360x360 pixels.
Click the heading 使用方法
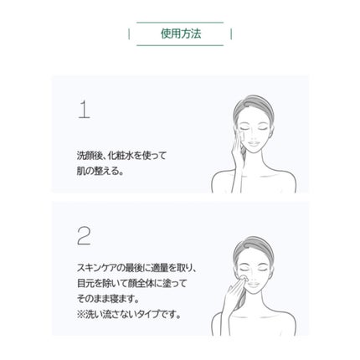pos(181,33)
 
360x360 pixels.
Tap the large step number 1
pos(84,110)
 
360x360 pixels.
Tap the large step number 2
pos(84,236)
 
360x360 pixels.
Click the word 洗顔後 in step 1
pos(88,156)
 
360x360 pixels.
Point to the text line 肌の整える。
pos(100,171)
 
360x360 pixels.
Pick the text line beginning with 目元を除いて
pos(131,284)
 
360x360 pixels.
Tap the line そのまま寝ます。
pos(108,299)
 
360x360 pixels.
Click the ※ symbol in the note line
pos(80,315)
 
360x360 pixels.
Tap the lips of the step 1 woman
pos(254,143)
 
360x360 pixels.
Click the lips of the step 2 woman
pos(254,285)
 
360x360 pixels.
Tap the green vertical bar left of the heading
pos(129,33)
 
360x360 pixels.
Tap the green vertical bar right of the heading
pos(231,33)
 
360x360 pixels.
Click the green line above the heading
pos(180,23)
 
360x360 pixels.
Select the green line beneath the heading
pos(180,45)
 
